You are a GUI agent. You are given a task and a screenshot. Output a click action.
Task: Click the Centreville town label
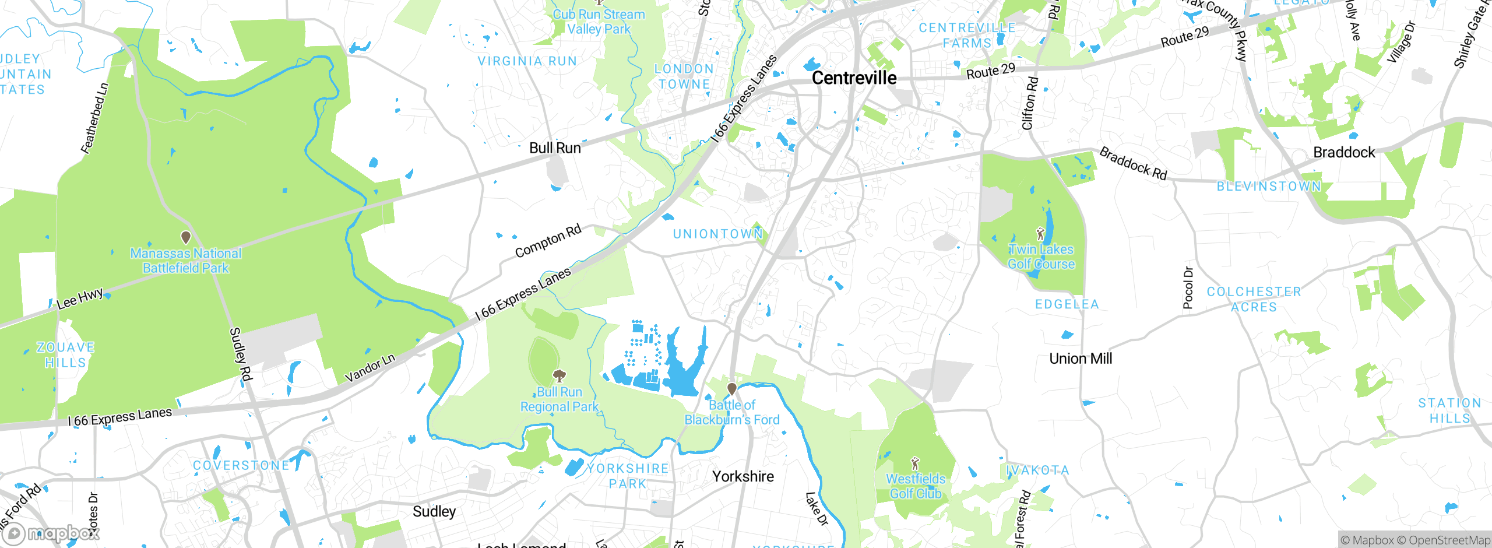854,78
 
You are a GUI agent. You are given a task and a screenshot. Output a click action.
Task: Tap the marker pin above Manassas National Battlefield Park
186,237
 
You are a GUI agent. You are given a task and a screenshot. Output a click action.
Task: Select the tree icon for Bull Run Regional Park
559,375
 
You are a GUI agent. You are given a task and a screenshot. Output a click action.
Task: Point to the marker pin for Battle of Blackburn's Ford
732,389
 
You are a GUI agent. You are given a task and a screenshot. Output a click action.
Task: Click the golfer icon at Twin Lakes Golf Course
1041,234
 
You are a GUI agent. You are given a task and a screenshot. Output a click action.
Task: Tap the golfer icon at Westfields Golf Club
915,464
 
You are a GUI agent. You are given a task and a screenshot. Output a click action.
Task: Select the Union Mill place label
1081,359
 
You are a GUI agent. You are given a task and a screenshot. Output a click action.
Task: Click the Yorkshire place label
743,476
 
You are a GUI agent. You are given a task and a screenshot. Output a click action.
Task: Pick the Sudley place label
434,511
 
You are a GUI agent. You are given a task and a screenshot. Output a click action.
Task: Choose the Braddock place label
1344,152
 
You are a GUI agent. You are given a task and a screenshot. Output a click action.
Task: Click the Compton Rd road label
548,241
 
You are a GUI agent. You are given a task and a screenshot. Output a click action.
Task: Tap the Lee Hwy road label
80,298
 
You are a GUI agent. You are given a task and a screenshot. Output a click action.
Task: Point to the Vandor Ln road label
370,368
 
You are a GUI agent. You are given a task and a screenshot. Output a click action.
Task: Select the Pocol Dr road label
1188,287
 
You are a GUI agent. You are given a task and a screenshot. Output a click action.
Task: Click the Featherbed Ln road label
95,118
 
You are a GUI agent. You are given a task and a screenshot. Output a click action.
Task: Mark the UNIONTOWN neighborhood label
717,234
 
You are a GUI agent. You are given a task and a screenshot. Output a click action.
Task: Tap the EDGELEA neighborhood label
1067,304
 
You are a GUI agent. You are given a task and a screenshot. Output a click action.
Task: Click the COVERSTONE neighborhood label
241,465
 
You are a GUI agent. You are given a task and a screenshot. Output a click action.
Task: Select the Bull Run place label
555,148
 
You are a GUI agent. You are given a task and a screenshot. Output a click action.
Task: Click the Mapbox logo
51,533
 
